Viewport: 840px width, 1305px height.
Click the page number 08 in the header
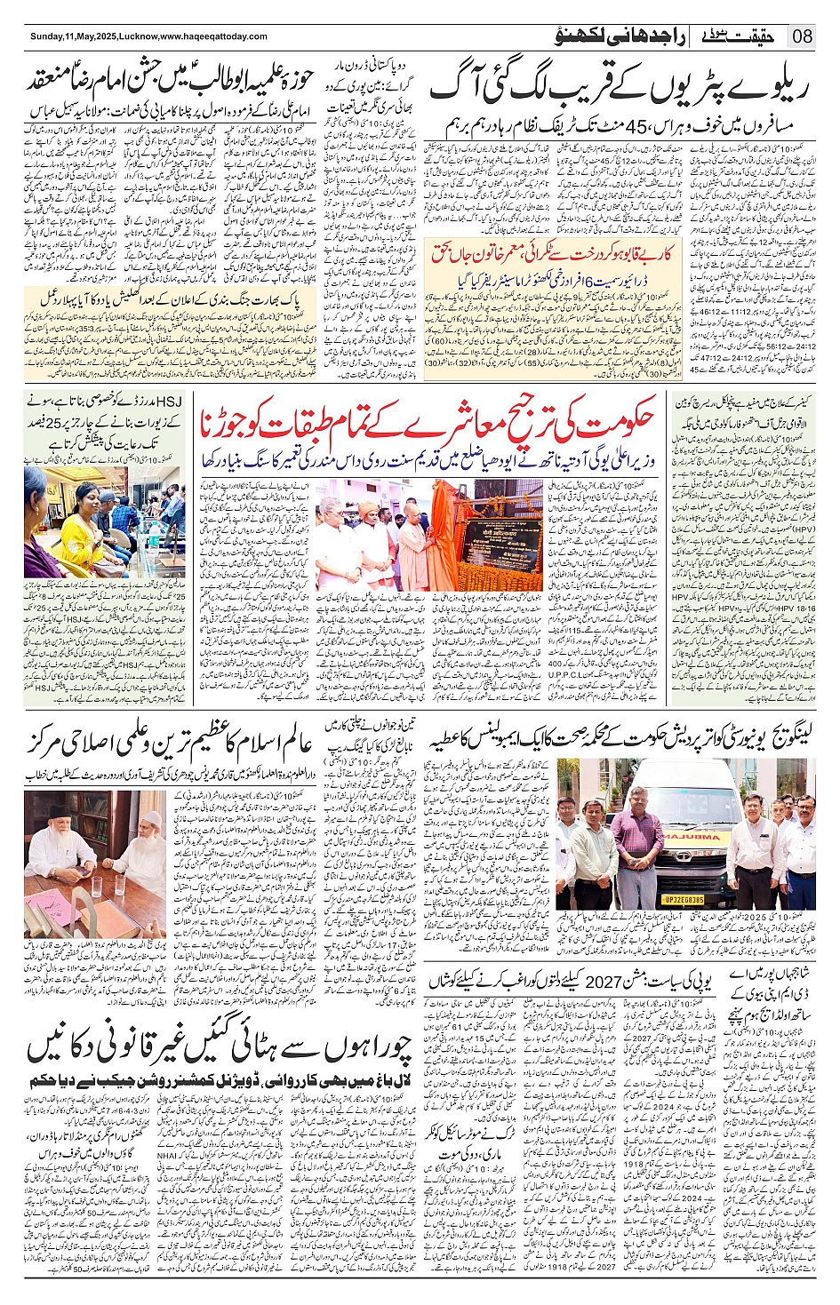coord(802,36)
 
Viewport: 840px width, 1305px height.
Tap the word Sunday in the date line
coord(46,36)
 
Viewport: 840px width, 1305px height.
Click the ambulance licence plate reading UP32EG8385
coord(684,900)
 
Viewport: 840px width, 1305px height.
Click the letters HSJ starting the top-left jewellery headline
coord(168,402)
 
